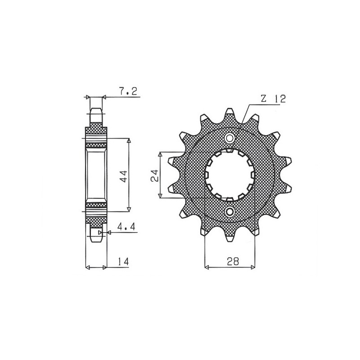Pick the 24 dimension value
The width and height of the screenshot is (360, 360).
[154, 175]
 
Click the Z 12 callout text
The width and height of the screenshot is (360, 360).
[271, 99]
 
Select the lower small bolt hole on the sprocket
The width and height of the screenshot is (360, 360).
[230, 211]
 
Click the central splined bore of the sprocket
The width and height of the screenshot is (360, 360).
[230, 175]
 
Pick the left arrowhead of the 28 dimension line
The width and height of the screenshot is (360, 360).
[207, 268]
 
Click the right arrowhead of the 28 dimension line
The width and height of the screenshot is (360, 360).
[252, 268]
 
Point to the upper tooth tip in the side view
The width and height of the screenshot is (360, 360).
[96, 111]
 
